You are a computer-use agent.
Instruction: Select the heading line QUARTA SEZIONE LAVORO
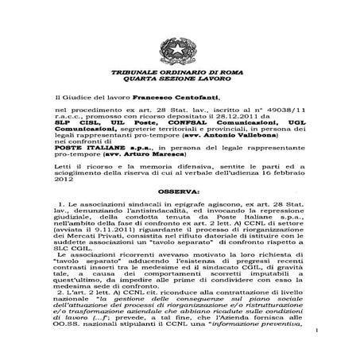[x=180, y=79]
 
